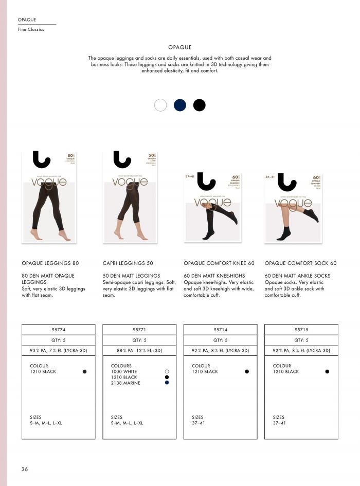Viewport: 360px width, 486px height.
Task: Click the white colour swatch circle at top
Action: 160,105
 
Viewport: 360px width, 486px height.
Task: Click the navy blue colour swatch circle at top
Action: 180,105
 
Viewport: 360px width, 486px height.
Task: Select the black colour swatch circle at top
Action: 200,105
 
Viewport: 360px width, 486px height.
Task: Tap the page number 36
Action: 25,469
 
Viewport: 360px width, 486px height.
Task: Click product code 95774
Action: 59,330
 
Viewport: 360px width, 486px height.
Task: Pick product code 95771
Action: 139,330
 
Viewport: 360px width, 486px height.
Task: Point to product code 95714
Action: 220,330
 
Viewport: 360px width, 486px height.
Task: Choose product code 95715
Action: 301,330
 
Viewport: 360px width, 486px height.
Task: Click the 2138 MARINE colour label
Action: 125,383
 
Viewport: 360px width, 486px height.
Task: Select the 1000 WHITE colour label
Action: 124,371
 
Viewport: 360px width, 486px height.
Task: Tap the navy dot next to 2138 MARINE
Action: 167,383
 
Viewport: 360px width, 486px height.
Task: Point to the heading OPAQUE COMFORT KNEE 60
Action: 219,263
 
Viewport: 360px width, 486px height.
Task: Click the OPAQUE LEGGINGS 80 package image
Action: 49,197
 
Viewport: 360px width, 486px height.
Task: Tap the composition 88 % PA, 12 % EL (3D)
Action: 139,351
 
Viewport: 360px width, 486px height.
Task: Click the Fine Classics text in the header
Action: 31,29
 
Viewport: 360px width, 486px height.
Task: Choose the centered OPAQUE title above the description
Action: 179,47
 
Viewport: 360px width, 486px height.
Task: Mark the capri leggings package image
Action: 130,197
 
